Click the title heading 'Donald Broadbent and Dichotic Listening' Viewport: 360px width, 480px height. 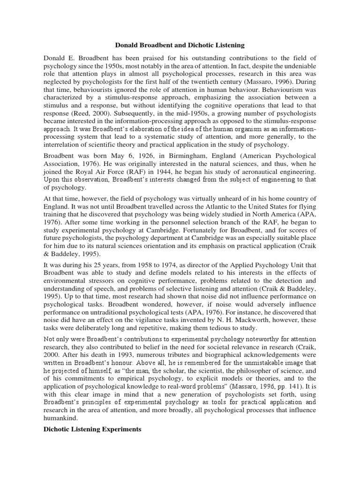(180, 45)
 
